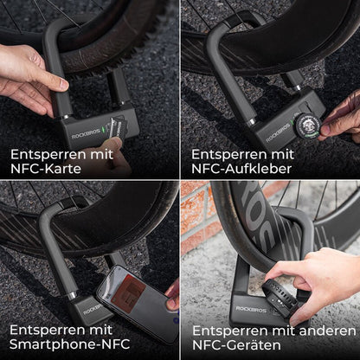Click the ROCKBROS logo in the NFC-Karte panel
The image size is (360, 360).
click(x=81, y=135)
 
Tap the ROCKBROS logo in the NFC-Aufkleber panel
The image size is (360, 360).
click(x=280, y=135)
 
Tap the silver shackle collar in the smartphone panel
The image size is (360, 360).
click(x=70, y=294)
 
